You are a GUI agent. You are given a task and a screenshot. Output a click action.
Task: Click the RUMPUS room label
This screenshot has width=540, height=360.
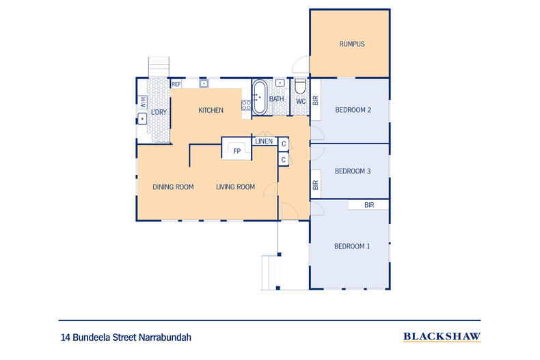tap(351, 44)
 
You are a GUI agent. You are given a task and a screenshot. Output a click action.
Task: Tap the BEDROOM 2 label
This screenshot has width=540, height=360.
tap(353, 110)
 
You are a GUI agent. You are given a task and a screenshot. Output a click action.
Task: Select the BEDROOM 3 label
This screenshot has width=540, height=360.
tap(352, 171)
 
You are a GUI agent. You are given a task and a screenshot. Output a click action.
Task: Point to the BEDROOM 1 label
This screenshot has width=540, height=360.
tap(351, 247)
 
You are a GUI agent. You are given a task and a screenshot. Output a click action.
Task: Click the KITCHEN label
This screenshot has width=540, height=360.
tap(211, 111)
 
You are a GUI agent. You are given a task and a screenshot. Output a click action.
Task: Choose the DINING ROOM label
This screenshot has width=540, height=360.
tap(173, 187)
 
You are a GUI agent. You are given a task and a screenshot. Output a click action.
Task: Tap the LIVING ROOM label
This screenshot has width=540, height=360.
tap(236, 187)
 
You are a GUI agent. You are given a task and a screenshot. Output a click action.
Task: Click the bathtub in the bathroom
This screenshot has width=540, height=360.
tap(260, 97)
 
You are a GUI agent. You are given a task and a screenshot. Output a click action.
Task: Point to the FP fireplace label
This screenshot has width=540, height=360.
tap(237, 152)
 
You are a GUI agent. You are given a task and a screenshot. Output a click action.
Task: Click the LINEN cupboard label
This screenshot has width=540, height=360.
tap(264, 141)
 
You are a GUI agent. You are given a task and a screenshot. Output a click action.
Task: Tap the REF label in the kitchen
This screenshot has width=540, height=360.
tap(176, 85)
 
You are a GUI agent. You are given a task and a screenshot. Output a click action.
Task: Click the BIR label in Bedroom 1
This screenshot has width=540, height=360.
tap(369, 205)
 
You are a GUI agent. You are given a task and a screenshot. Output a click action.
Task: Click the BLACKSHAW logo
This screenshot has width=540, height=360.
tap(442, 337)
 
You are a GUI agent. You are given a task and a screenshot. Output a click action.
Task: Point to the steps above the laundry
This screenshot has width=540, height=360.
tap(159, 66)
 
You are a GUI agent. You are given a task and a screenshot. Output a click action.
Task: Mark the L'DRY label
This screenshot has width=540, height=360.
tap(159, 111)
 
